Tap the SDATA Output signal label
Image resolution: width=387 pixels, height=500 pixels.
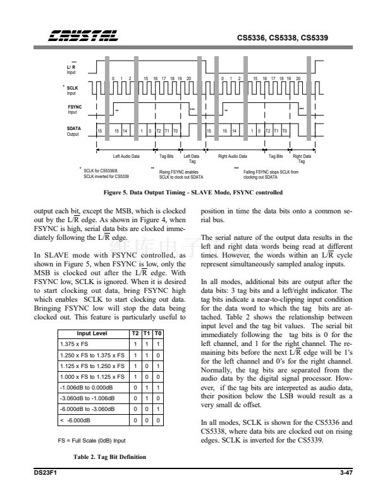(x=74, y=131)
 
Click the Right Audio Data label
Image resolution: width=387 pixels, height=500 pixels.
(x=233, y=155)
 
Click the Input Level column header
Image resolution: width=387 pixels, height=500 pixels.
(x=92, y=333)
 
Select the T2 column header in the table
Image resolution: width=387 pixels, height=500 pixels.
(x=135, y=333)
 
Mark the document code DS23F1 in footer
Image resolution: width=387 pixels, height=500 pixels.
(x=45, y=472)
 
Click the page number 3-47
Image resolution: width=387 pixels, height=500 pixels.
(x=344, y=472)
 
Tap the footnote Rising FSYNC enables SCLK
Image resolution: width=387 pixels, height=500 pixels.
(x=181, y=174)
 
